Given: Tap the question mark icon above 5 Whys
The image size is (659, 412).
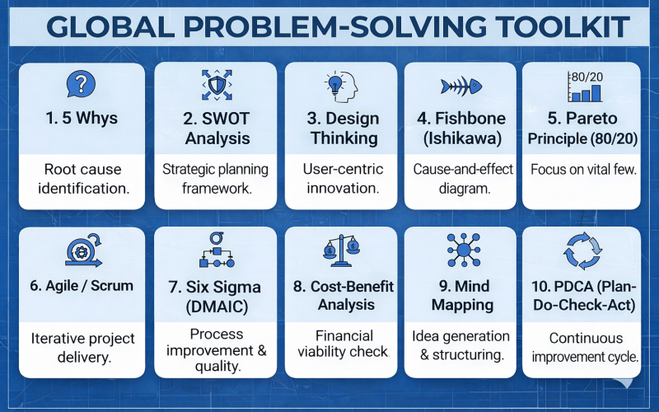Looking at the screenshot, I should [x=81, y=84].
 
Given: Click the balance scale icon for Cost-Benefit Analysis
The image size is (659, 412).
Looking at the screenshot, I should [x=341, y=250].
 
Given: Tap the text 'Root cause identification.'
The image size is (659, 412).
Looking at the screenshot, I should [x=82, y=179].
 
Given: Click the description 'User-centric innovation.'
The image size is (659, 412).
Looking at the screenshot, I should [x=341, y=179].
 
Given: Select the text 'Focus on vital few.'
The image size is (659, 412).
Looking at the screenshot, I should [x=582, y=170].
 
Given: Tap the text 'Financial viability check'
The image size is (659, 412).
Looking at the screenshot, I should [x=341, y=344].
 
